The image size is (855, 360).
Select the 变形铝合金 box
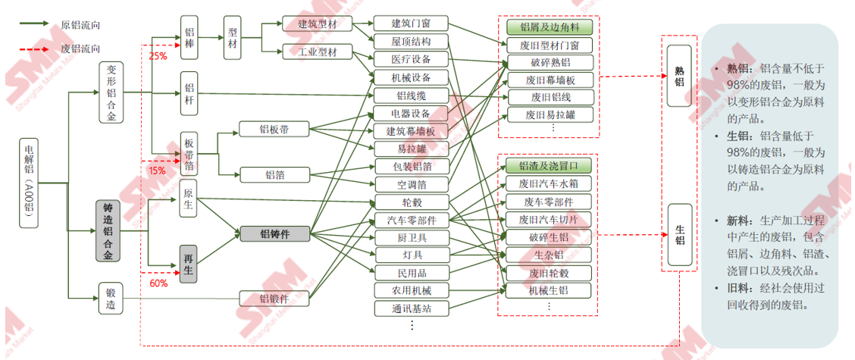pos(111,92)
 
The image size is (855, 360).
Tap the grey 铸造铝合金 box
pos(108,231)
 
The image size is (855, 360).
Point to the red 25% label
pos(158,56)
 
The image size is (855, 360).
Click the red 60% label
pos(158,283)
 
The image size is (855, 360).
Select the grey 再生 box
pos(189,265)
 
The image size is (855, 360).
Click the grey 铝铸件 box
pos(275,234)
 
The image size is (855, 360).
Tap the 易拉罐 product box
pos(411,149)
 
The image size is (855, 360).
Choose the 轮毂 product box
pos(411,202)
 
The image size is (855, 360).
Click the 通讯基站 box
pos(411,308)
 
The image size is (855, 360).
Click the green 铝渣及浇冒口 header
pos(548,165)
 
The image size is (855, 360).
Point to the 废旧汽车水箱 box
pos(548,183)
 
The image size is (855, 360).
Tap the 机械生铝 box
pos(548,290)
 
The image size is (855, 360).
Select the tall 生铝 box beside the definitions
pos(680,235)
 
